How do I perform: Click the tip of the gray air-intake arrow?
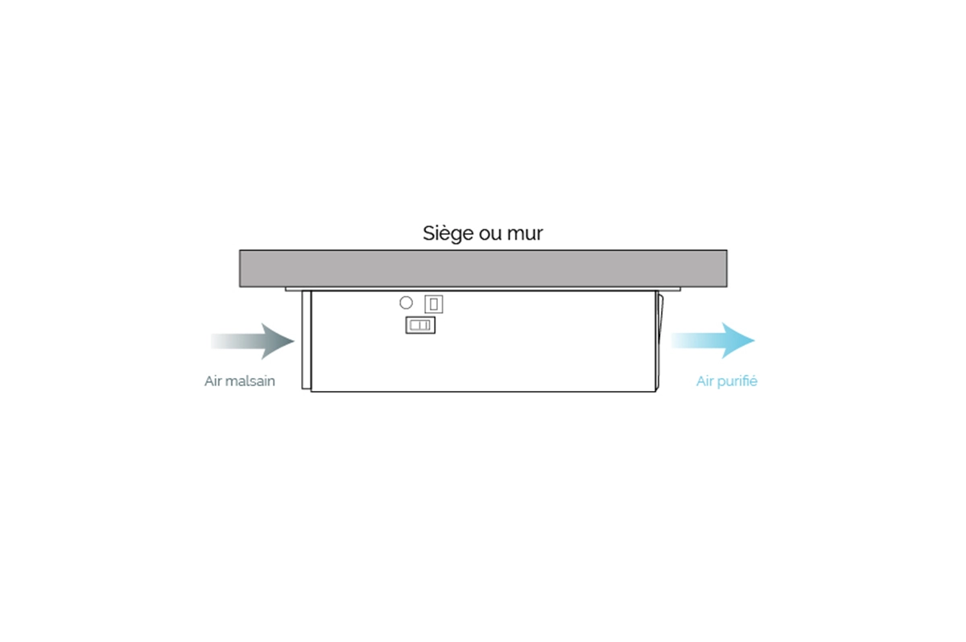click(295, 341)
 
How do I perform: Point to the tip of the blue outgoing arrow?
click(755, 340)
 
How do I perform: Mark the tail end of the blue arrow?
click(671, 340)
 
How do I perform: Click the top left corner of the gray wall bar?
click(240, 250)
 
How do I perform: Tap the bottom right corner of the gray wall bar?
click(727, 287)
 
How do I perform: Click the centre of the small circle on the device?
click(406, 303)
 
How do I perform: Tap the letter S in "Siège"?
click(428, 233)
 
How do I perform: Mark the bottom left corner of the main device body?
click(311, 391)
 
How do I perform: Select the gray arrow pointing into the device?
click(253, 341)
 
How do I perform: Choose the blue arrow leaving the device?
click(713, 340)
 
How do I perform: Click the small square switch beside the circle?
click(433, 304)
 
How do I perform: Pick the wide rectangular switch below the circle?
click(420, 325)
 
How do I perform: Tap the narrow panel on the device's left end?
click(306, 340)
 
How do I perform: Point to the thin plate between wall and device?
click(482, 289)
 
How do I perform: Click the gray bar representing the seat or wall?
click(484, 269)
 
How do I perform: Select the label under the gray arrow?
click(240, 381)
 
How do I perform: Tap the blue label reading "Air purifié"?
click(727, 381)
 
